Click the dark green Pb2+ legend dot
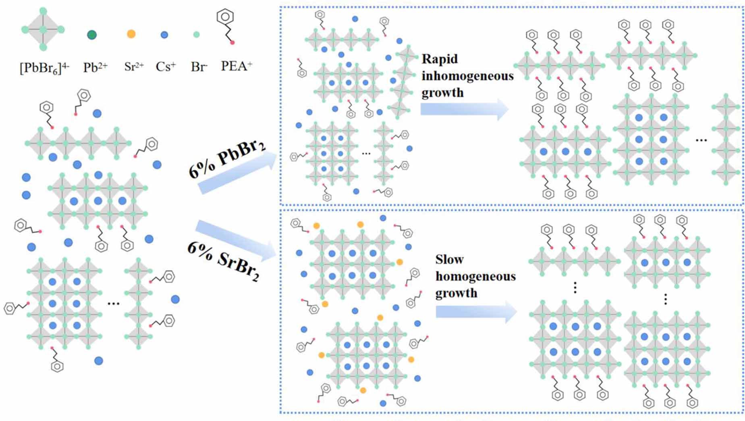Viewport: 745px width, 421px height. [92, 35]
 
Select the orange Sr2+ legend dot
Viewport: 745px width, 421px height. [131, 34]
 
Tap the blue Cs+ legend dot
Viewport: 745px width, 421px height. [164, 35]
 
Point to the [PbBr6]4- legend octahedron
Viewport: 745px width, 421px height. [43, 29]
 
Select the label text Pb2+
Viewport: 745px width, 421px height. [95, 67]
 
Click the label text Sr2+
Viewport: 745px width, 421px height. [134, 67]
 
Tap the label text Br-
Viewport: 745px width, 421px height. [199, 67]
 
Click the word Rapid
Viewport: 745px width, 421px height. [440, 59]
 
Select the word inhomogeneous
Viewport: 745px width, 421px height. [467, 76]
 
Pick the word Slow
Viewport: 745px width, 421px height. [449, 259]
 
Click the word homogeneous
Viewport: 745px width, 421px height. [475, 276]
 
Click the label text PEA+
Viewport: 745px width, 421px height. [236, 66]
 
